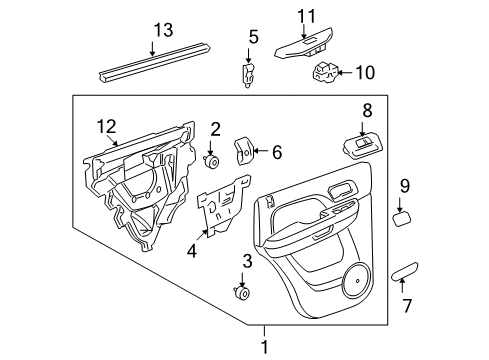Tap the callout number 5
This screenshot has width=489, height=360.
click(253, 37)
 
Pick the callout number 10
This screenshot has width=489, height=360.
click(364, 71)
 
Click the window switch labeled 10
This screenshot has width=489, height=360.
click(328, 72)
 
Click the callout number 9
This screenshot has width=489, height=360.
click(405, 185)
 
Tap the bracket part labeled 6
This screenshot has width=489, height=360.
click(244, 151)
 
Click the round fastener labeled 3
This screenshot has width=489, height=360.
click(240, 293)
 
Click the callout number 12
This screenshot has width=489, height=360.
click(107, 127)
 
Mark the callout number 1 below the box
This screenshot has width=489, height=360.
click(264, 346)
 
